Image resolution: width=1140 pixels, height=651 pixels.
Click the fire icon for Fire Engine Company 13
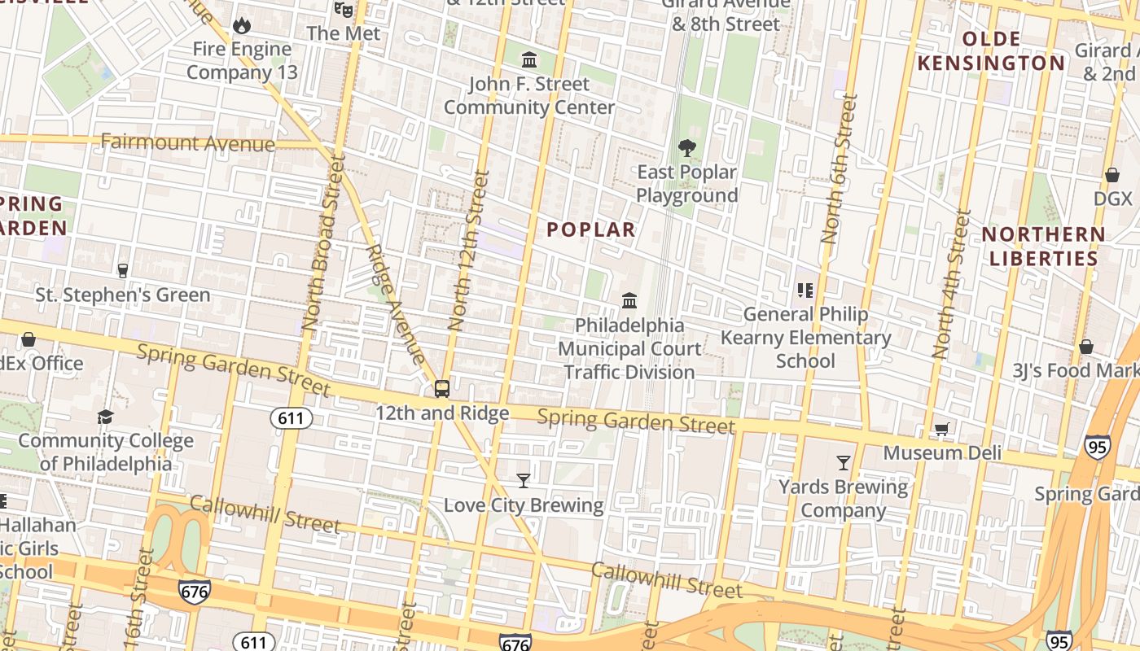tap(242, 26)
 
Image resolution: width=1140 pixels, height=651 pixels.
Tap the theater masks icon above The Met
tap(343, 9)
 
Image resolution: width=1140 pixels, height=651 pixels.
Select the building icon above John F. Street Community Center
tap(529, 59)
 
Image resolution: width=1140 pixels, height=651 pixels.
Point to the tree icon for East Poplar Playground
tap(687, 148)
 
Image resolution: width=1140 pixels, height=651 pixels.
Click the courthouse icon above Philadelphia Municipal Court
tap(629, 301)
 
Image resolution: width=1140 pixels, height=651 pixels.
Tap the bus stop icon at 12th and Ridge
tap(441, 389)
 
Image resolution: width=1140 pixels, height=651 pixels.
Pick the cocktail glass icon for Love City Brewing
tap(524, 481)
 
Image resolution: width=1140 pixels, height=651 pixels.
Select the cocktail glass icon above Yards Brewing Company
tap(844, 463)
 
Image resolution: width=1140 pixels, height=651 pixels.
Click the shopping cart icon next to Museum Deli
tap(942, 429)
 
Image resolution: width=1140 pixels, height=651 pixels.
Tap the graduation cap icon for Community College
tap(105, 417)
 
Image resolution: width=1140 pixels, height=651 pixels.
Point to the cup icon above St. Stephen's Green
tap(123, 270)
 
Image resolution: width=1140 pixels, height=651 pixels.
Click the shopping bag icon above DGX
tap(1112, 175)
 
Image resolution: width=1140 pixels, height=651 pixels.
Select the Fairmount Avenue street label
tap(188, 143)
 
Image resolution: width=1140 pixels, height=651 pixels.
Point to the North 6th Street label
tap(839, 168)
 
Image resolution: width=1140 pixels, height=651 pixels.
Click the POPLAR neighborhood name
tap(590, 229)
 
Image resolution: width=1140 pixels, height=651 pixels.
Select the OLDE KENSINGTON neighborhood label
tap(991, 51)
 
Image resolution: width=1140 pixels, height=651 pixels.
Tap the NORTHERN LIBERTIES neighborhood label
tap(1043, 247)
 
